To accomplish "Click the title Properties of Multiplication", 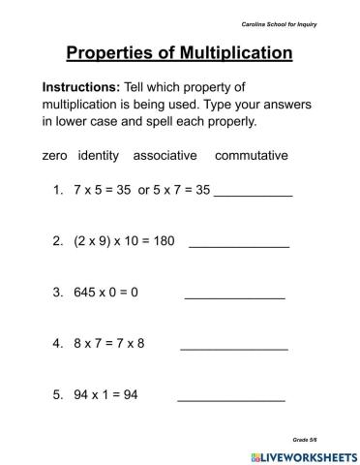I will point(179,52).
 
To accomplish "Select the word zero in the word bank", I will point(56,155).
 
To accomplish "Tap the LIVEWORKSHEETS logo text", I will point(303,454).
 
